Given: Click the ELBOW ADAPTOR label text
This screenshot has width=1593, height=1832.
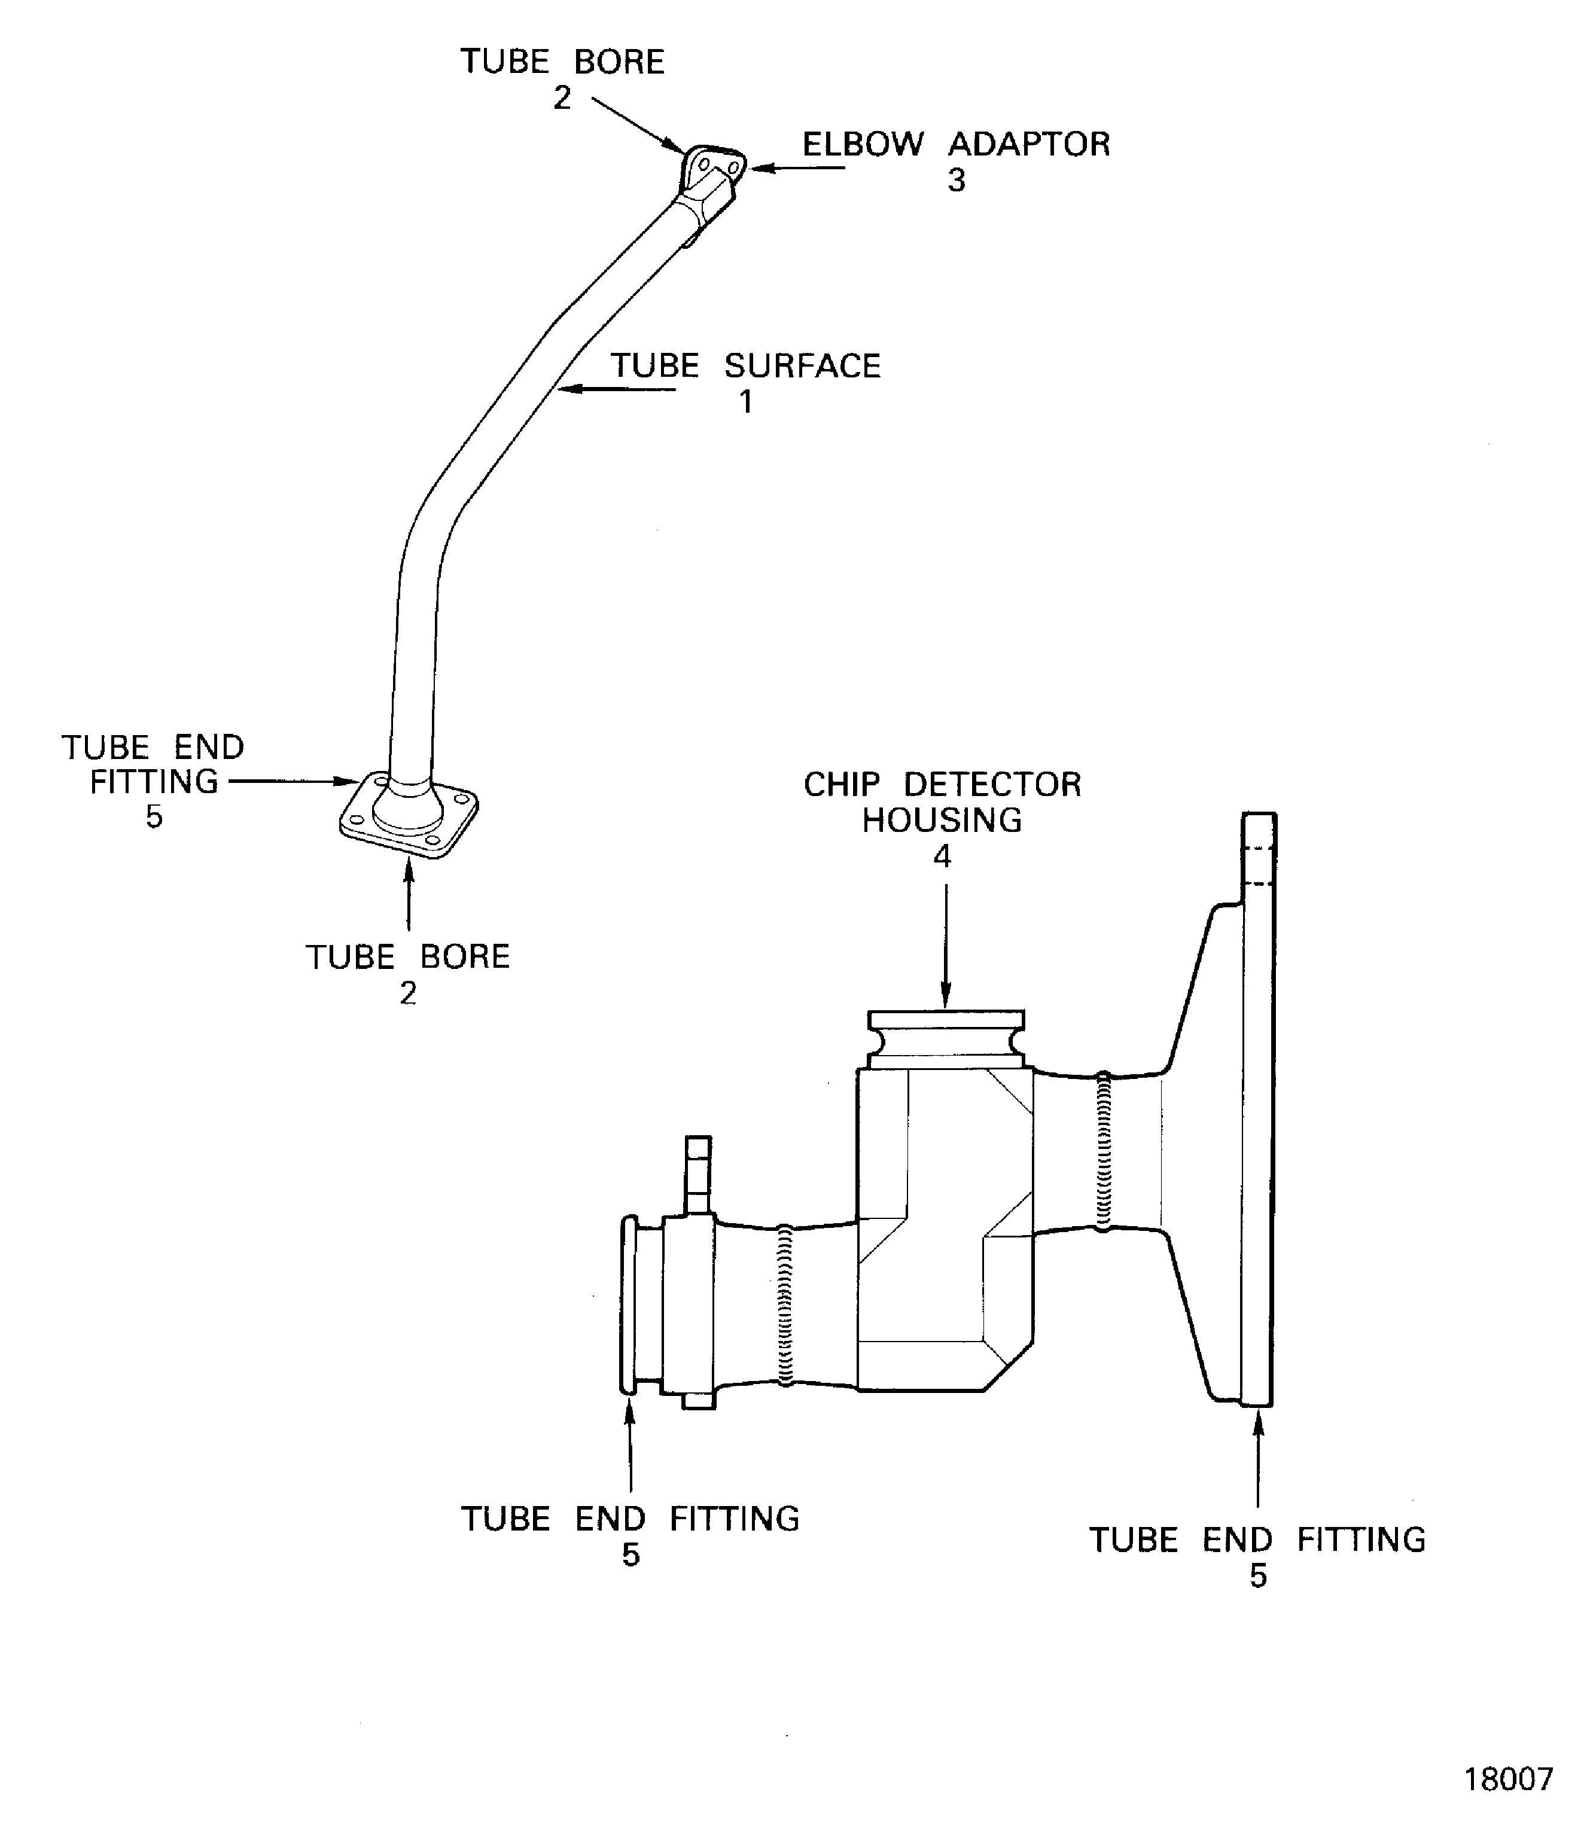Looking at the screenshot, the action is [957, 144].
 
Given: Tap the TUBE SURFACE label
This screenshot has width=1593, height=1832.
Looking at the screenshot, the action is [745, 366].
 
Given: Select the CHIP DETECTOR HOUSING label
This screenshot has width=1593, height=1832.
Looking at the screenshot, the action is [942, 803].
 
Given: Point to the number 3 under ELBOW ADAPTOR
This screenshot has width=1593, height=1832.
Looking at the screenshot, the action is [957, 181].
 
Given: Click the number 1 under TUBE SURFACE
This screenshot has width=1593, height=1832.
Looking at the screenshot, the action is [747, 402].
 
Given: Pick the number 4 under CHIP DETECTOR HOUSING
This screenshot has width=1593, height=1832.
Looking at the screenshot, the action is [942, 856].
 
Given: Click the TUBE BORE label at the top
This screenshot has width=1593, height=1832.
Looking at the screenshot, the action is [562, 62].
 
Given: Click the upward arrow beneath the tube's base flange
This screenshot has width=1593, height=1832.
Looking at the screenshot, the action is [409, 894].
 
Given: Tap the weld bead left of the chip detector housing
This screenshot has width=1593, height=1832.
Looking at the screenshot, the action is [785, 1305].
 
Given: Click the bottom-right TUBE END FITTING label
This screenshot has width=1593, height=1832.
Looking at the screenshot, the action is [1258, 1541].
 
